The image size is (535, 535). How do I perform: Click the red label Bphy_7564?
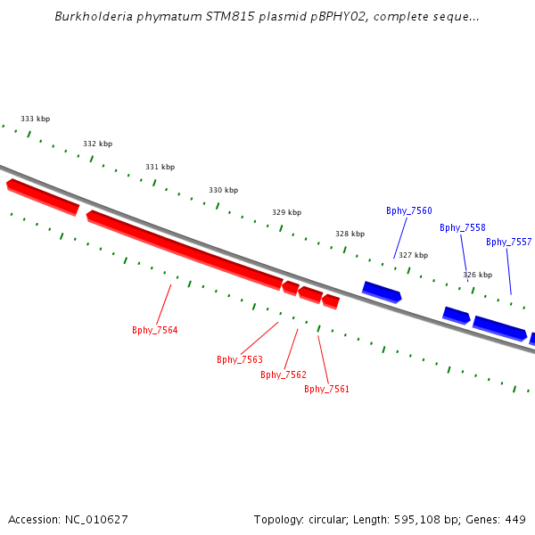click(155, 330)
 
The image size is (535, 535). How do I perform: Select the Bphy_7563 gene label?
click(240, 359)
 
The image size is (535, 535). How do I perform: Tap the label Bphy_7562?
click(284, 374)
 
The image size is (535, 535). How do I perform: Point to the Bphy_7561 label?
click(326, 389)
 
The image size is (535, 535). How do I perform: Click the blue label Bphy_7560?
click(409, 210)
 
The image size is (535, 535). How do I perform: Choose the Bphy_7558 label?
click(463, 227)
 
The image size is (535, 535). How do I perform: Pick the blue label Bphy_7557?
click(509, 242)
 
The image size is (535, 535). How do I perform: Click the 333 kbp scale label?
click(36, 119)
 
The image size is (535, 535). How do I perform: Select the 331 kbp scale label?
click(160, 167)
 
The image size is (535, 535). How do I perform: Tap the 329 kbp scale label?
click(287, 212)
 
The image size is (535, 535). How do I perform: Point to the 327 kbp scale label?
click(414, 255)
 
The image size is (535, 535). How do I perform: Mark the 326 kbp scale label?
click(478, 275)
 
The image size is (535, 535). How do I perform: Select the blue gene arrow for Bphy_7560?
click(382, 291)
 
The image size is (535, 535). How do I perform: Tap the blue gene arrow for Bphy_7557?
click(499, 327)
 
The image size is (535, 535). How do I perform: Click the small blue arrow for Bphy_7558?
click(456, 315)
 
